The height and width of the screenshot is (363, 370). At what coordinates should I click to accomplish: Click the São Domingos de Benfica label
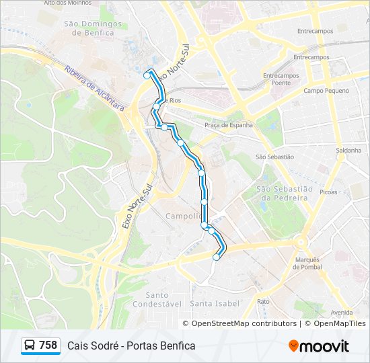click(x=93, y=28)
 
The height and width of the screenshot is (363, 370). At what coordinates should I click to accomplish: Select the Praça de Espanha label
click(x=228, y=124)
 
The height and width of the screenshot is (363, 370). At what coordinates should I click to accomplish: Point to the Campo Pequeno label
click(x=326, y=90)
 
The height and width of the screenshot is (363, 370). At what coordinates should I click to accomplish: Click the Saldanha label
click(x=350, y=151)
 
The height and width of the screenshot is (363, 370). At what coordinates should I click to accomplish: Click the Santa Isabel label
click(x=215, y=303)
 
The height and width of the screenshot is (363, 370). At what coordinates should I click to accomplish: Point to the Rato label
click(x=263, y=301)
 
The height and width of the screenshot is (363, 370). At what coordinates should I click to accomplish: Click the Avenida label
click(x=341, y=312)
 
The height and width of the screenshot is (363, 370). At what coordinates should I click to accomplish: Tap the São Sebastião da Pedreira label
click(x=283, y=193)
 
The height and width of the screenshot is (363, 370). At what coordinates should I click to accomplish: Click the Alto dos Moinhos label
click(x=67, y=3)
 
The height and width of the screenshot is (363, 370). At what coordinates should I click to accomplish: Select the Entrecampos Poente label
click(x=281, y=79)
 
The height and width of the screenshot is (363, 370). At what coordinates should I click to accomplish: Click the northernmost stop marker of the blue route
click(x=147, y=76)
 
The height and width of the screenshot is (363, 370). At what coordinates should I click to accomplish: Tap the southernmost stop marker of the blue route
click(x=216, y=257)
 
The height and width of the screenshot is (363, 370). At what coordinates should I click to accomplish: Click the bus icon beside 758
click(x=30, y=346)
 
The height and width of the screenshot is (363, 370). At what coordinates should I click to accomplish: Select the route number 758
click(x=48, y=346)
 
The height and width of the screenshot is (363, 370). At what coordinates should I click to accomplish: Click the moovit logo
click(x=319, y=346)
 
